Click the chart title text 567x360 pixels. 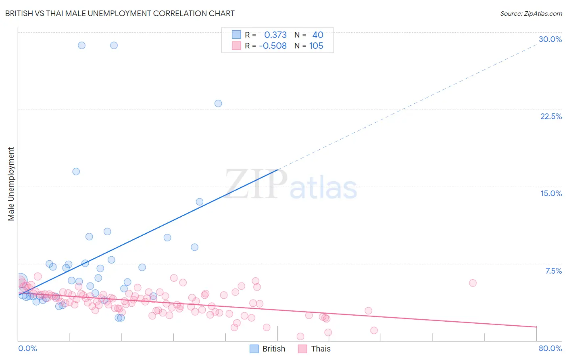(120, 13)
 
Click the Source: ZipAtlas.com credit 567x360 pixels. (531, 14)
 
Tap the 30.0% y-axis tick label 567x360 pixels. (550, 39)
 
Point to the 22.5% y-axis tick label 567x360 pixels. (551, 116)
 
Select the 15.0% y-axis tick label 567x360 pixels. (551, 193)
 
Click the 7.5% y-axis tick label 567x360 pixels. (553, 271)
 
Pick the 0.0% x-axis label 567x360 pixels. (27, 348)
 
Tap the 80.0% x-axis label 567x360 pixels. (550, 348)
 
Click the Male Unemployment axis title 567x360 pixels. (11, 184)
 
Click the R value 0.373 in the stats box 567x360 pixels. (275, 35)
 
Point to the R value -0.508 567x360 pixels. (273, 46)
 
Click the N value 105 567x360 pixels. (316, 46)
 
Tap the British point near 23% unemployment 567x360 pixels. (218, 103)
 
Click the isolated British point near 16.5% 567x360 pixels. (76, 172)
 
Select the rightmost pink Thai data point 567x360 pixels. (473, 283)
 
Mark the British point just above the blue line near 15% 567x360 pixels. (200, 202)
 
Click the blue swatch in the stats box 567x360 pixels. (236, 35)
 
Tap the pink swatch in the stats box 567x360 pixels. (236, 46)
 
